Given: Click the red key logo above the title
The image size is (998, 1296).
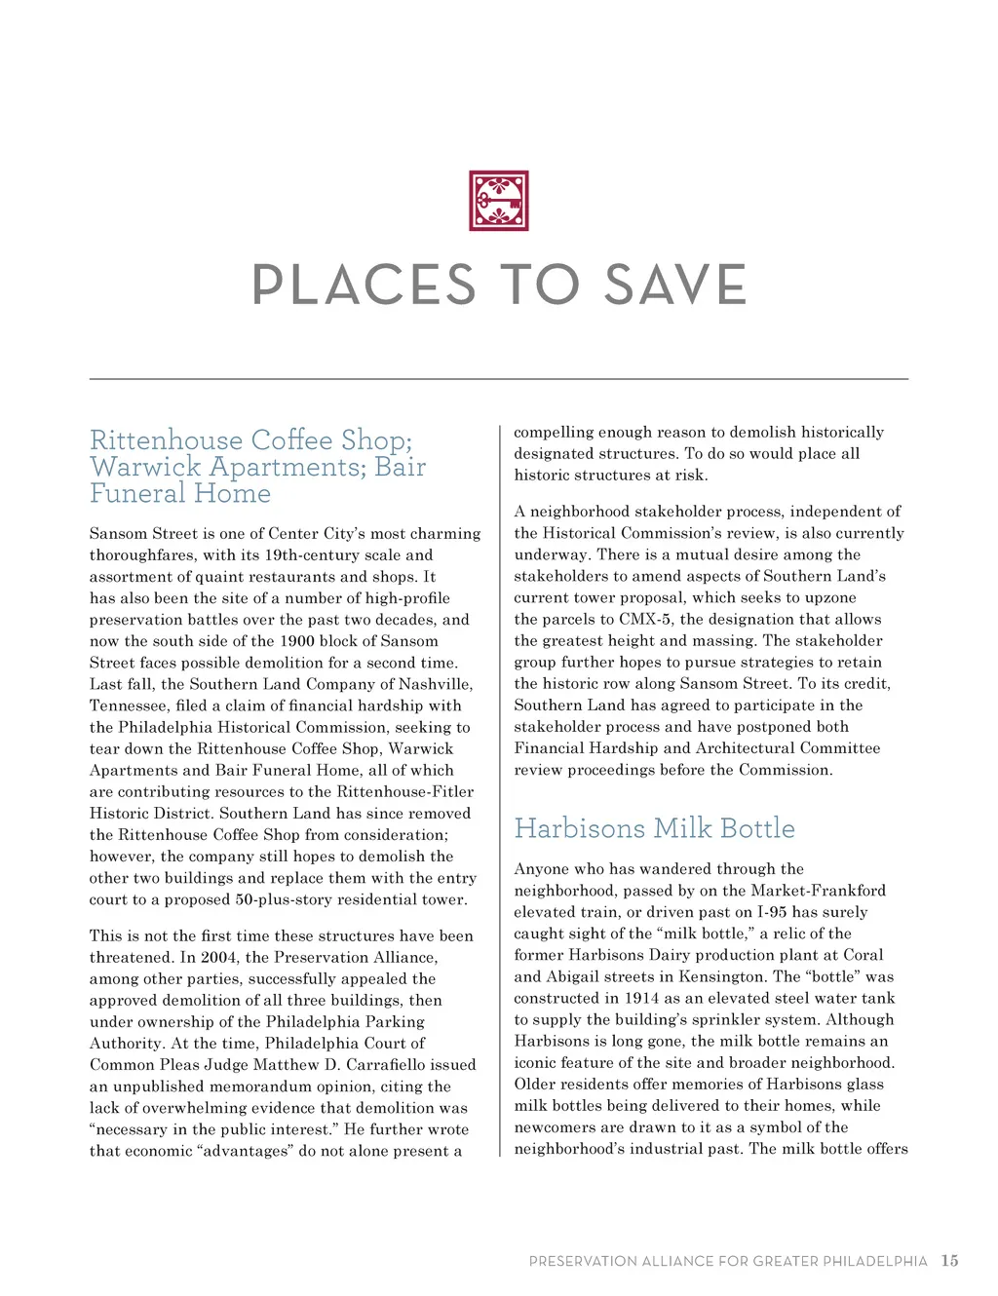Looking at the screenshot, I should [499, 201].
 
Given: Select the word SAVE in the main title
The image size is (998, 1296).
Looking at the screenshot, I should [674, 285].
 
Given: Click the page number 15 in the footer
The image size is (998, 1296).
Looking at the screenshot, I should [949, 1261].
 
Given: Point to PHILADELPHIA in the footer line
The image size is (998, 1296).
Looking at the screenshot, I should [875, 1262].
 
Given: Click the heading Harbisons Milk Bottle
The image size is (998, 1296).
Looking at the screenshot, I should [655, 828].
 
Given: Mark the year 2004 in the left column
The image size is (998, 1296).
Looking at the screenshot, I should [219, 957].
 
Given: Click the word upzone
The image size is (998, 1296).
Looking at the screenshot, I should [830, 597].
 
